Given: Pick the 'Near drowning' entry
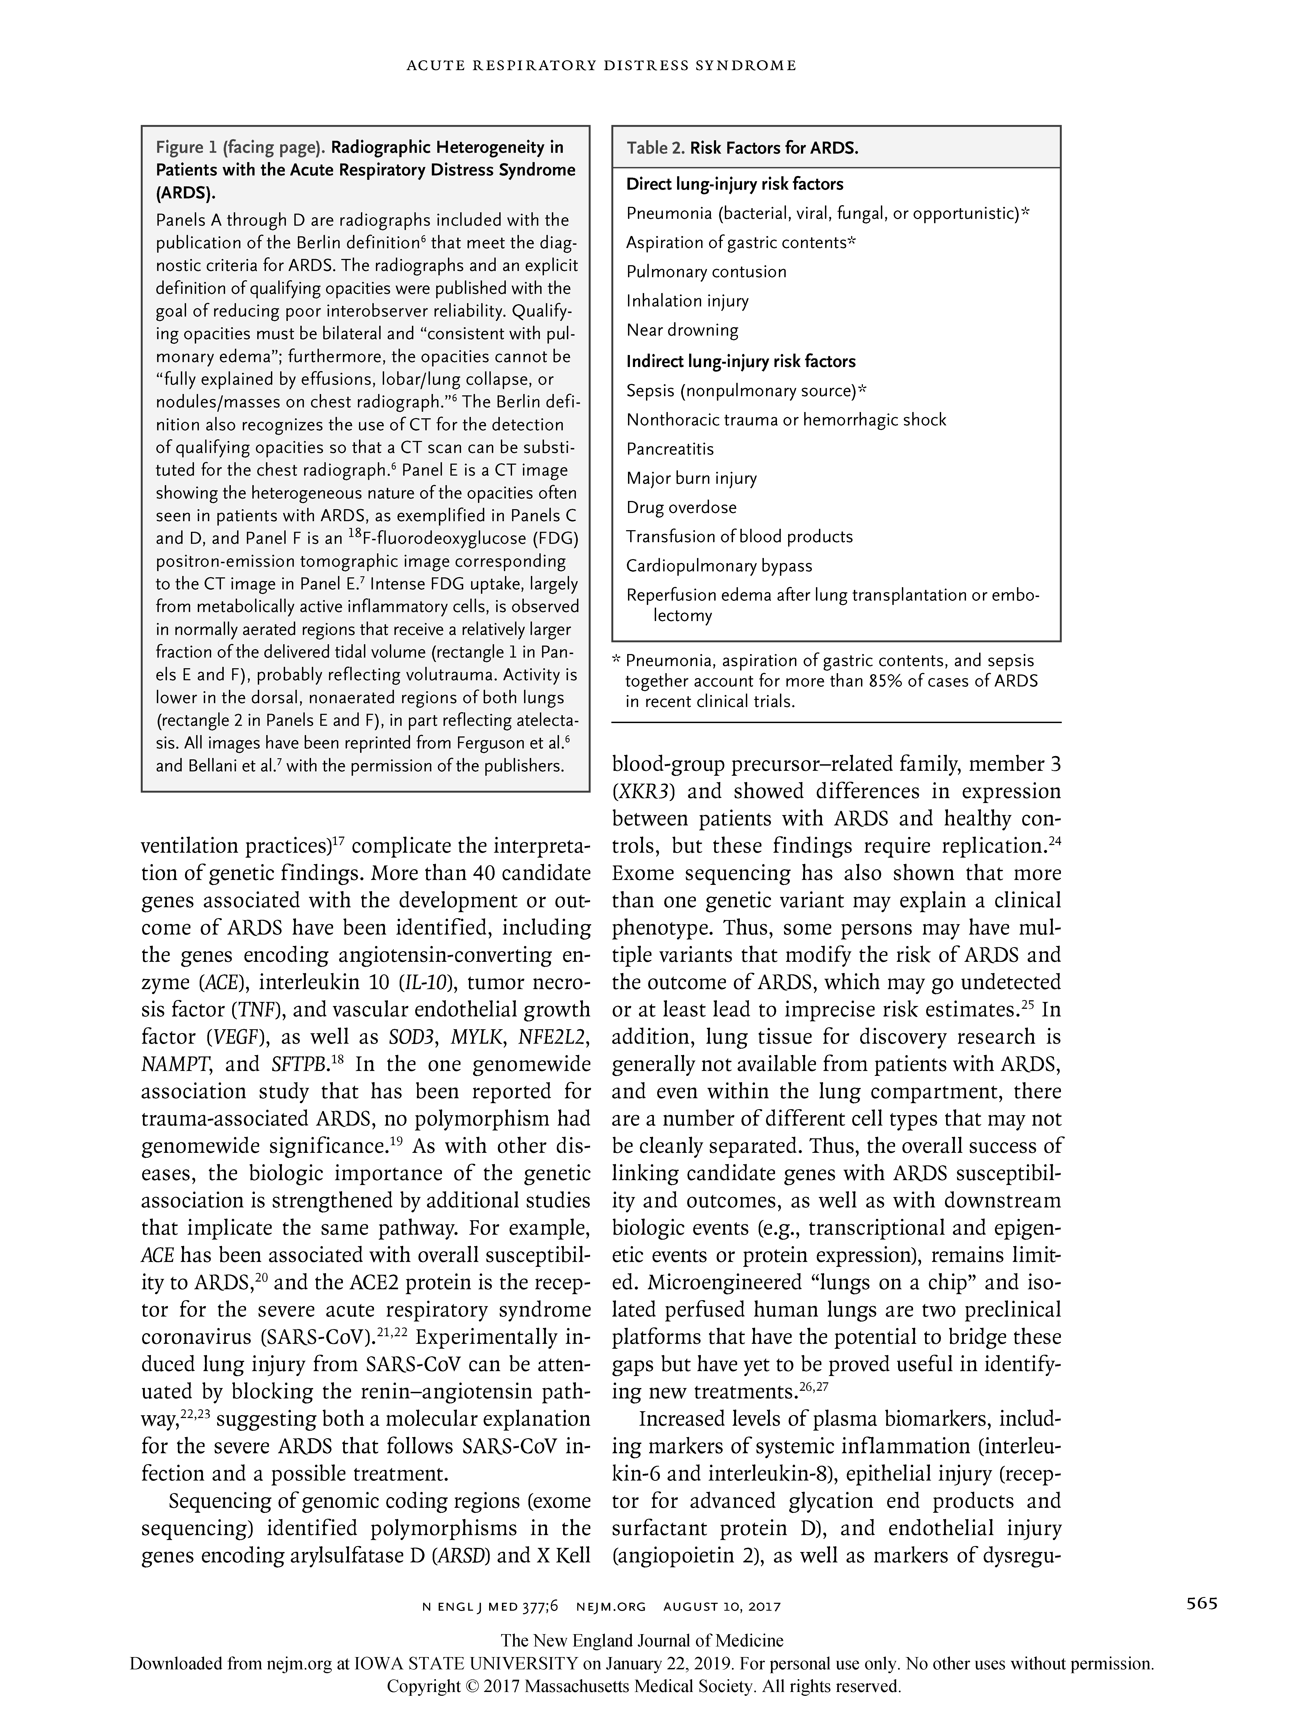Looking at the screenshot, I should click(682, 330).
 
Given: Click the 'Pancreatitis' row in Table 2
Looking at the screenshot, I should click(670, 449).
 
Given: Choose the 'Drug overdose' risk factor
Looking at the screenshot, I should click(681, 508).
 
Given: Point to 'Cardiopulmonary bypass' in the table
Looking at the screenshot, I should click(719, 566).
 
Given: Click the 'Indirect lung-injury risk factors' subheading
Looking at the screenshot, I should click(740, 361).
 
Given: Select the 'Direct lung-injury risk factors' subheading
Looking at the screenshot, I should click(734, 184).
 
